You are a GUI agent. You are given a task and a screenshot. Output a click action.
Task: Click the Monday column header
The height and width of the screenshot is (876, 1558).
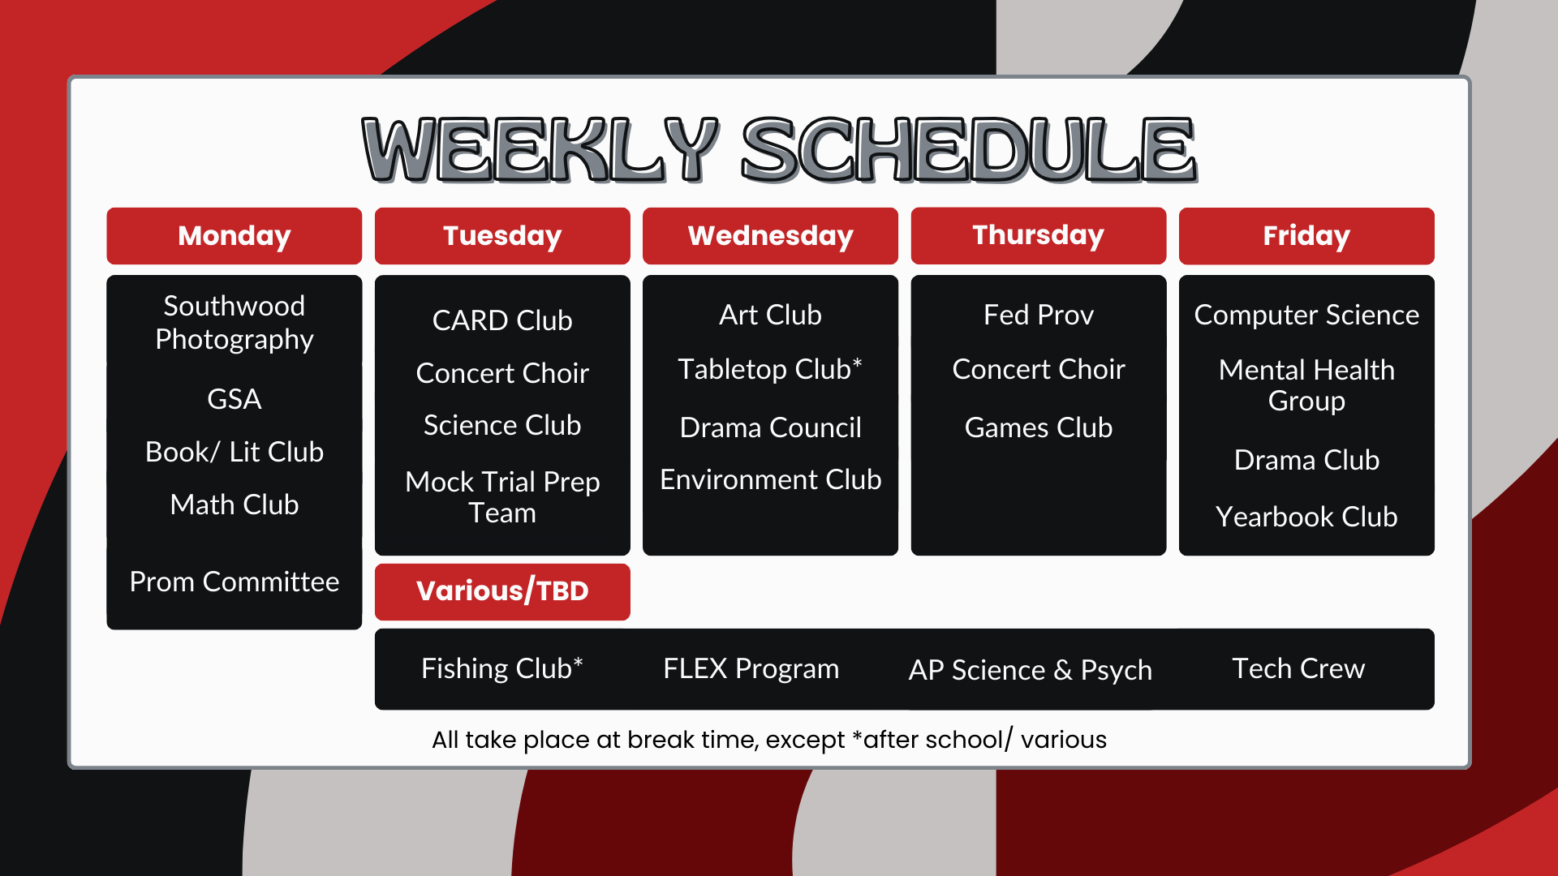234,236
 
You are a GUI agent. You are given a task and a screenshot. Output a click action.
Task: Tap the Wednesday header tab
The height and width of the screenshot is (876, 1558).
770,236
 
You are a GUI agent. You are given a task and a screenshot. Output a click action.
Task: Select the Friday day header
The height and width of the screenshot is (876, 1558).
1306,236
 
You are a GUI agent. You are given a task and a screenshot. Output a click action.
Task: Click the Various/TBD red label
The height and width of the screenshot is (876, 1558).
502,591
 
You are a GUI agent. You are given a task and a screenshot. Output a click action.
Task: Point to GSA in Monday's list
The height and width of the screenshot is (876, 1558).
235,399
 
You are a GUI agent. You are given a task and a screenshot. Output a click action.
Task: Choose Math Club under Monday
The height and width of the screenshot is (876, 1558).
235,505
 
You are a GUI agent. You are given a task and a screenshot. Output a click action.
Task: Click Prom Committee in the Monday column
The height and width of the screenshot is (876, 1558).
235,582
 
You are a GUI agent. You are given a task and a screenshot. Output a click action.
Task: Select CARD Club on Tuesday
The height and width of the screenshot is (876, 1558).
502,320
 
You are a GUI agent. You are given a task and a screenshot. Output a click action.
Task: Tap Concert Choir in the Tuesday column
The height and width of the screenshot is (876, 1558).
502,373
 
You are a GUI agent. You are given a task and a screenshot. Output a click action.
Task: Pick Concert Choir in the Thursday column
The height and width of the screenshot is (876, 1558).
1039,369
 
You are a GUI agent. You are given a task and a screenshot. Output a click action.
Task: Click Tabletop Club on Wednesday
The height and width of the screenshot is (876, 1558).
770,369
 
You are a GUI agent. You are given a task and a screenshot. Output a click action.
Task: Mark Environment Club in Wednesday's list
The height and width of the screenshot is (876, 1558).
770,479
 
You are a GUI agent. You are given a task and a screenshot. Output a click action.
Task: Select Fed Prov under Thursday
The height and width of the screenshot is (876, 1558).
1039,315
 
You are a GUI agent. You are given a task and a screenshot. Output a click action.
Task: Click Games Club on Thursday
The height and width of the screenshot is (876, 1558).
1039,427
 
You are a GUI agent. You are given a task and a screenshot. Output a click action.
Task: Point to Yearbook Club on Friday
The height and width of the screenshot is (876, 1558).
1306,517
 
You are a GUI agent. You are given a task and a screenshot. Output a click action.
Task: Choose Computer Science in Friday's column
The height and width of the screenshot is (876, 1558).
1306,315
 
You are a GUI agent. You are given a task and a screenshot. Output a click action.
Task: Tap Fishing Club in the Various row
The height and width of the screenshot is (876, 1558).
502,668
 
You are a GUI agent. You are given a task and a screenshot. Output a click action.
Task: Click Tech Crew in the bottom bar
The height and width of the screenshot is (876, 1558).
1298,668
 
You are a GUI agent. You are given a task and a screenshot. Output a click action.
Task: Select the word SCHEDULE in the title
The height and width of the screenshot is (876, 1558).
969,149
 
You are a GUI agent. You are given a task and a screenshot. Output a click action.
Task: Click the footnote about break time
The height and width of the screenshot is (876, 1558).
769,740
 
